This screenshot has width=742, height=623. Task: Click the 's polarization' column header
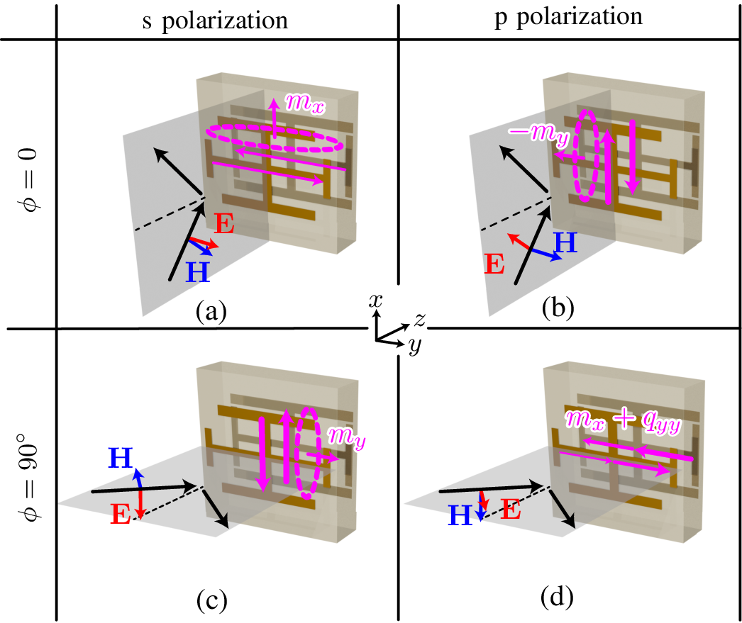click(x=226, y=19)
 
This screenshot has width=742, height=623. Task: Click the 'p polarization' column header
click(x=568, y=18)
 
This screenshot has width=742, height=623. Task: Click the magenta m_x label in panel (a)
click(x=306, y=101)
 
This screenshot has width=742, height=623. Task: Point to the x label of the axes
click(x=376, y=301)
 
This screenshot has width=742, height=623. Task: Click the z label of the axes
click(x=419, y=320)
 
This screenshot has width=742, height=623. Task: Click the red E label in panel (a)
click(x=223, y=225)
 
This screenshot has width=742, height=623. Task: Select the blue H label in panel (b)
click(x=566, y=243)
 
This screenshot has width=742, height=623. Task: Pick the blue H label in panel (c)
click(x=121, y=458)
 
